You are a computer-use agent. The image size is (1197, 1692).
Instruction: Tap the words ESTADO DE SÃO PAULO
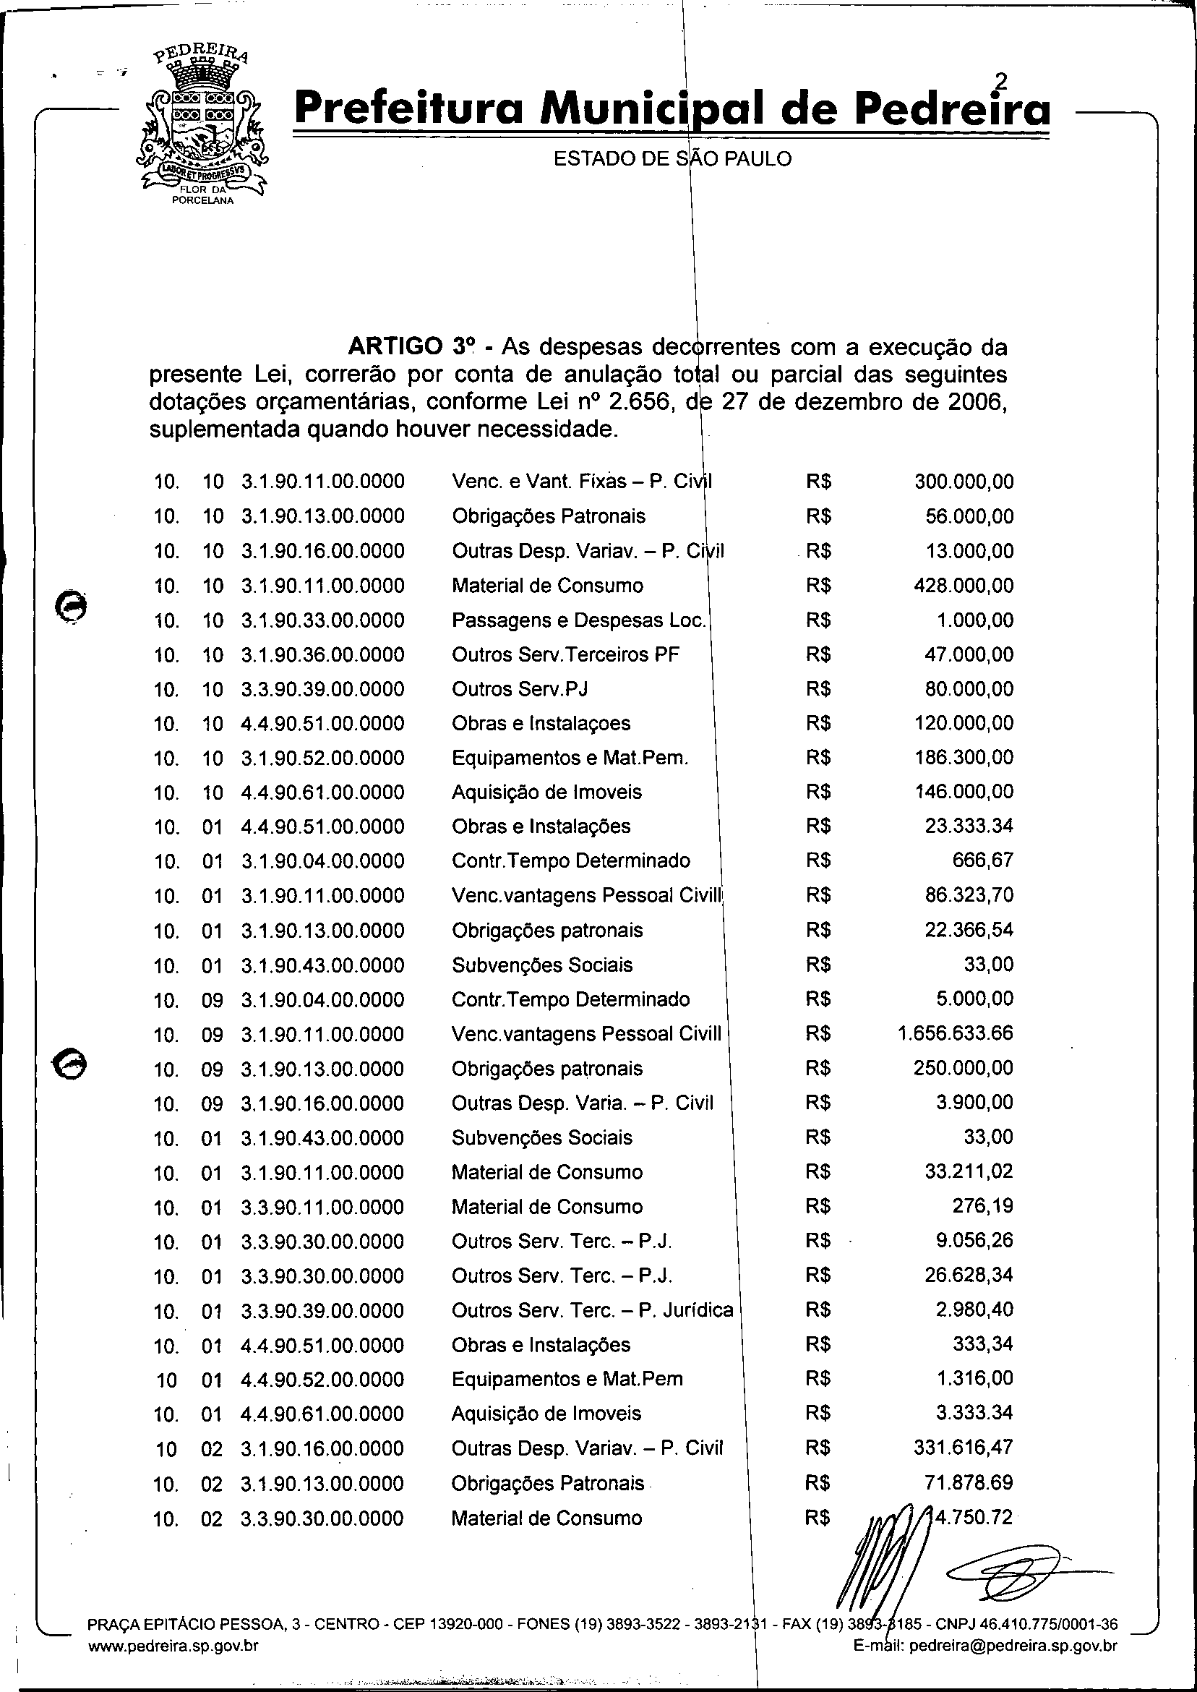[x=672, y=159]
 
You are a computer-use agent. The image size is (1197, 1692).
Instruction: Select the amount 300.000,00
[x=964, y=482]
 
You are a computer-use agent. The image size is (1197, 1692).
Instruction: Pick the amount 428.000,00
[x=964, y=586]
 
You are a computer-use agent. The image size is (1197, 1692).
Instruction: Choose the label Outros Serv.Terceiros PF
[x=565, y=654]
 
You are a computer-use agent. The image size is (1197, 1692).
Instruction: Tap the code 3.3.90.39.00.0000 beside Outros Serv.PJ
[x=323, y=689]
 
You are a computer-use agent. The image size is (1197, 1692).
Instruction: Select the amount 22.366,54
[x=969, y=930]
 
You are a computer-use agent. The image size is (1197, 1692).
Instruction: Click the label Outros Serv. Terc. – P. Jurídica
[x=592, y=1310]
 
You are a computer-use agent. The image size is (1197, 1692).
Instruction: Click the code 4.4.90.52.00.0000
[x=323, y=1380]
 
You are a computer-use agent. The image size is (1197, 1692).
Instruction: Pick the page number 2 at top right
[x=1000, y=81]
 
